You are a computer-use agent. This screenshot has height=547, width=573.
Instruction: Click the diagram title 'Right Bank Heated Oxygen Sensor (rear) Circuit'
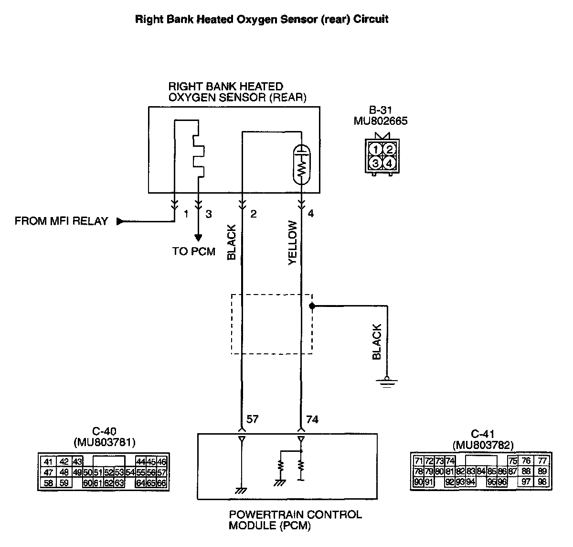click(262, 20)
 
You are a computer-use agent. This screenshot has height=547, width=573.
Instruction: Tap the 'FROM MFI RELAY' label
click(62, 221)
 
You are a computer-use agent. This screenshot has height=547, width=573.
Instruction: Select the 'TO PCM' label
click(194, 252)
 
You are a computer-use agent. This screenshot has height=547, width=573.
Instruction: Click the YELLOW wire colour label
click(293, 242)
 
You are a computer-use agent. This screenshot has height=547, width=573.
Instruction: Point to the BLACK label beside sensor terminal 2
click(232, 242)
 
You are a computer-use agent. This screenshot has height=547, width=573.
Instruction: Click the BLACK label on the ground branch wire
click(377, 342)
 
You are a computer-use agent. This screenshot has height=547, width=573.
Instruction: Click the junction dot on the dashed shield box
click(312, 305)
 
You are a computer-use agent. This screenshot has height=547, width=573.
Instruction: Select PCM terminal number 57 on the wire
click(253, 419)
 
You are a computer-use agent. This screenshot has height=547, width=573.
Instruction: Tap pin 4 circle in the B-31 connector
click(390, 163)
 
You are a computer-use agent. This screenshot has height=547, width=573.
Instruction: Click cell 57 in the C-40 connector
click(161, 472)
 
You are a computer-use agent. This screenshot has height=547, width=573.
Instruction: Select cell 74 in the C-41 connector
click(450, 461)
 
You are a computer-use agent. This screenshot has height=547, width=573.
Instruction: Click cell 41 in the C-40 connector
click(48, 462)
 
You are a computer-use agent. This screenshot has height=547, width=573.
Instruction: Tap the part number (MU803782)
click(483, 445)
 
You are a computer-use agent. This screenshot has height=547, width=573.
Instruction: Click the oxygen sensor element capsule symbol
click(301, 165)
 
